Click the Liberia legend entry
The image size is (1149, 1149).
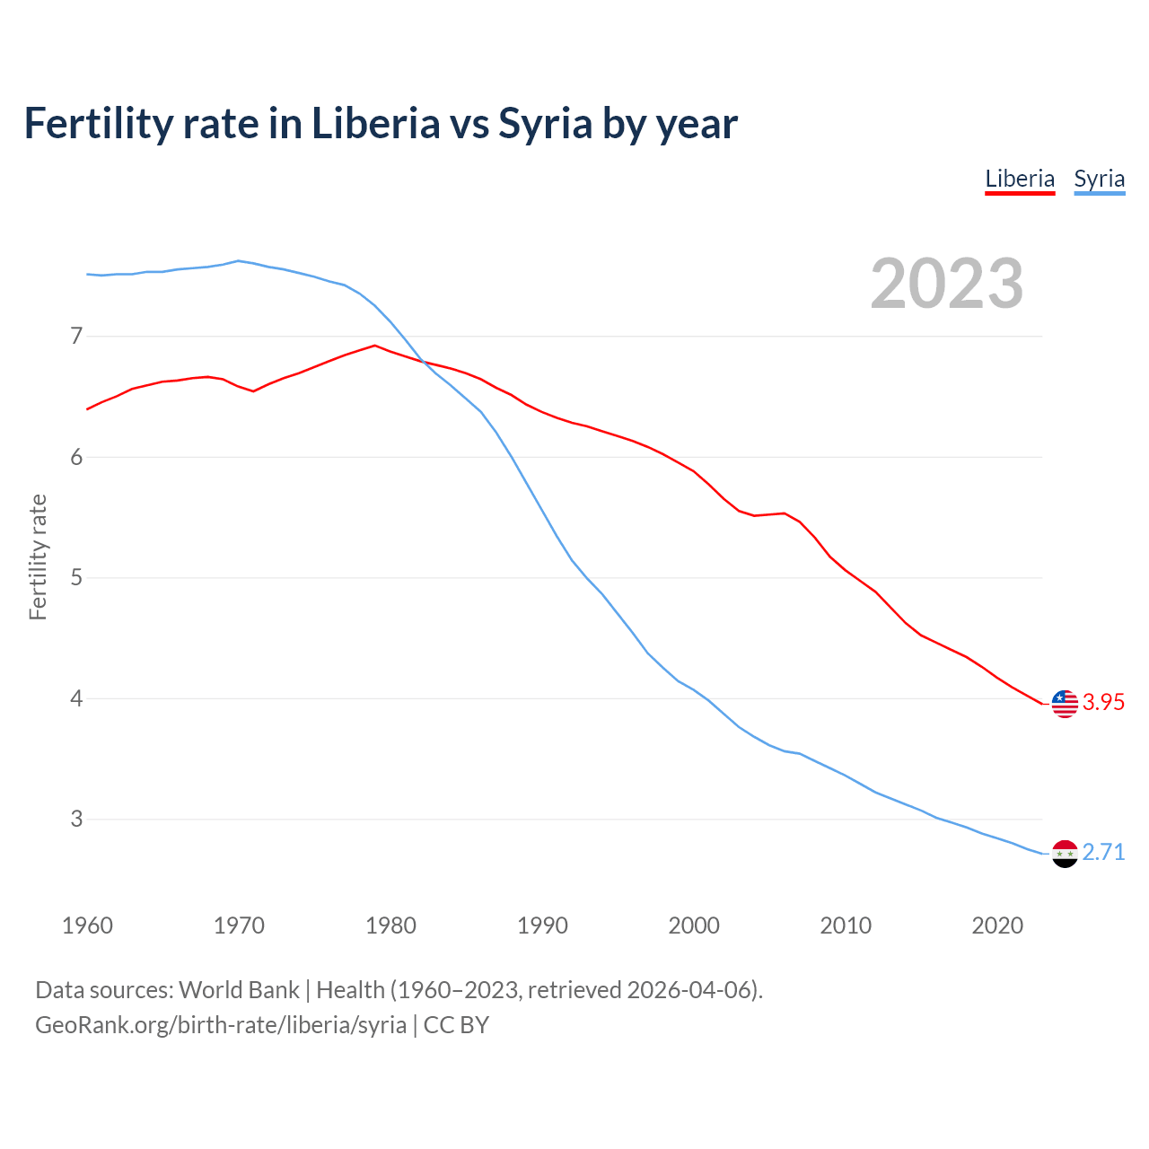pos(1020,179)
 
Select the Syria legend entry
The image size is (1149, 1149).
pos(1099,179)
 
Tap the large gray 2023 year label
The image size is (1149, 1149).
pos(947,284)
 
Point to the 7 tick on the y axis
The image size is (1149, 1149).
pos(76,337)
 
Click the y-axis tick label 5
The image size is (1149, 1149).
pos(76,577)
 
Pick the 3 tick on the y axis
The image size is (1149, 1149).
pos(76,819)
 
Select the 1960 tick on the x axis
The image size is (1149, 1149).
pos(87,925)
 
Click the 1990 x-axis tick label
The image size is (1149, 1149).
pos(542,925)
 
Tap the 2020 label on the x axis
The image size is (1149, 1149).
pos(997,925)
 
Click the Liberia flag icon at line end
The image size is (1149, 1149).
pos(1065,704)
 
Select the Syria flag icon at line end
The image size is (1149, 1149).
pos(1065,854)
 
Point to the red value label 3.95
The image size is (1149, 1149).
pos(1103,703)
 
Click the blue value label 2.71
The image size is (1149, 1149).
pos(1103,853)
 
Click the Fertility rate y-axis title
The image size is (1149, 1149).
pos(38,557)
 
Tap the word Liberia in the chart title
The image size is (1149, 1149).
pos(375,124)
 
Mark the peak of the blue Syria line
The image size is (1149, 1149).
pos(238,261)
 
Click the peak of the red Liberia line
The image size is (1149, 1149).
pos(374,346)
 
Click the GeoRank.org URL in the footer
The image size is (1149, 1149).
pos(221,1025)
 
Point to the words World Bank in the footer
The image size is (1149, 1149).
pos(239,990)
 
